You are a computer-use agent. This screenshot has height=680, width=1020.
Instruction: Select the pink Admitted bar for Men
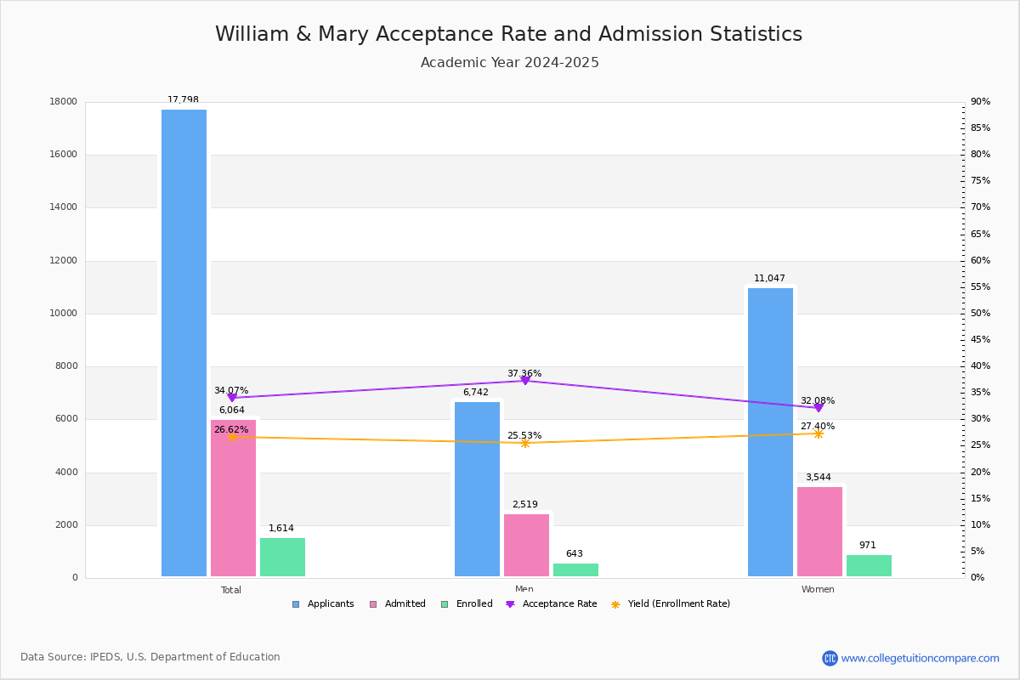[526, 545]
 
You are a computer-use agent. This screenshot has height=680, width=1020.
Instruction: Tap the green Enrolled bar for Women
[869, 565]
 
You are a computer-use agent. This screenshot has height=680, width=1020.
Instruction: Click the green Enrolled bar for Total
[282, 557]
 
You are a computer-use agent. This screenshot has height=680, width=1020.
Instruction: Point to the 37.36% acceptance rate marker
[525, 381]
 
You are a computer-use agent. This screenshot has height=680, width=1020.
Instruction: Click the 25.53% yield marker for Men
[525, 443]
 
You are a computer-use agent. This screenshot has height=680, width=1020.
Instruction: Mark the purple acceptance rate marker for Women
[819, 408]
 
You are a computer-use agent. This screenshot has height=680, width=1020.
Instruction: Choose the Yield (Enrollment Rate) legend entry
[678, 604]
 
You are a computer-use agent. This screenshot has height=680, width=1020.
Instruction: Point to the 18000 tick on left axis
[64, 102]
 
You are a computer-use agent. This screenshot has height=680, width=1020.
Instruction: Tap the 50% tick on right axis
[980, 314]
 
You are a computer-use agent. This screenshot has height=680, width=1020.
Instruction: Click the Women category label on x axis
[818, 590]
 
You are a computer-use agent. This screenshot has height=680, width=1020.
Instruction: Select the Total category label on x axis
[231, 590]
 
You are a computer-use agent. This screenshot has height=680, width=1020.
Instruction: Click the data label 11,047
[769, 279]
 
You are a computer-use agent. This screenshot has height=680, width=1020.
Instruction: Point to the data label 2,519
[524, 505]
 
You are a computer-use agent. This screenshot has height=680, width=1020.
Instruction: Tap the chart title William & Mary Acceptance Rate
[508, 35]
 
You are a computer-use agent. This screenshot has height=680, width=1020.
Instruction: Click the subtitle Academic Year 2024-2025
[510, 63]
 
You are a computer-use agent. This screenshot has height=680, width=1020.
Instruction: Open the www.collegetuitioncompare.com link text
[920, 658]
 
